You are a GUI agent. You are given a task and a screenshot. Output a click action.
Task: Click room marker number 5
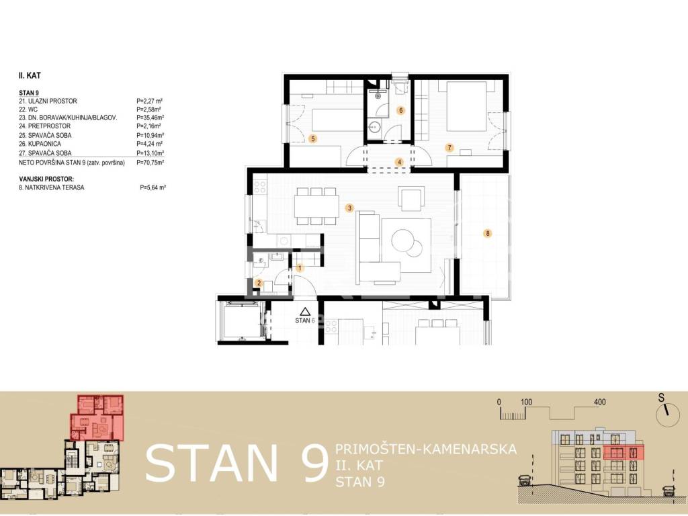(313, 139)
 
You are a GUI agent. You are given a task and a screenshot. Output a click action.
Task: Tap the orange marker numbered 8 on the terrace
(488, 233)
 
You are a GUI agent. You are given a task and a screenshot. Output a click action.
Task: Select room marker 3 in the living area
(349, 208)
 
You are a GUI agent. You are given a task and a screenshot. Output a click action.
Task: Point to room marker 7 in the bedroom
(449, 148)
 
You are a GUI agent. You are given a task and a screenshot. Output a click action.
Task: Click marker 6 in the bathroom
(400, 111)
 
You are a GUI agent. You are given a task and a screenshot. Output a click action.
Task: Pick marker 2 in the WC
(259, 284)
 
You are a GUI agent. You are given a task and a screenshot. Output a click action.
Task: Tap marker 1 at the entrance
(300, 268)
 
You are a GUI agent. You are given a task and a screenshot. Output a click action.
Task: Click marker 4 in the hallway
(399, 162)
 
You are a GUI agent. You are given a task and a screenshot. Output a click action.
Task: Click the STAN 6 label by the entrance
(305, 320)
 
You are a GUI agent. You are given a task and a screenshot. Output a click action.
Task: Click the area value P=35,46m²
(150, 118)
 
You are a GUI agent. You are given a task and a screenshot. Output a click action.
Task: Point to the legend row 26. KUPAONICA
(40, 144)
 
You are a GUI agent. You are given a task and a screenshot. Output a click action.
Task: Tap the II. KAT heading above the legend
(30, 75)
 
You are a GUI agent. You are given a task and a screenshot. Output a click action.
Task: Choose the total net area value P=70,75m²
(150, 163)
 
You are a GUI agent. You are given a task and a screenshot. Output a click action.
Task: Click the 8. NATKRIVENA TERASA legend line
(52, 188)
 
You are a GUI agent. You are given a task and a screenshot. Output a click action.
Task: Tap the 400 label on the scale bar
(599, 402)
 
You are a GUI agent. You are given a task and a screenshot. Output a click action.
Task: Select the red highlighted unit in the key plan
(97, 417)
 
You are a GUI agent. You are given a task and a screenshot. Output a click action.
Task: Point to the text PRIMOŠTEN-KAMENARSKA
(425, 449)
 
